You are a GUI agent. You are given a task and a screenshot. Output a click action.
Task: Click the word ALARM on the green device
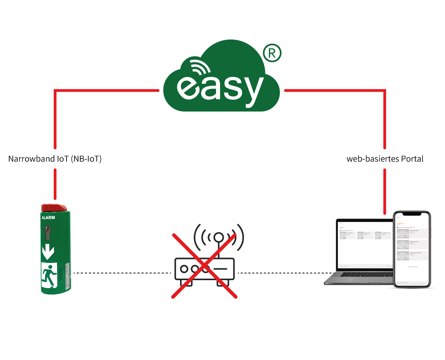tap(48, 217)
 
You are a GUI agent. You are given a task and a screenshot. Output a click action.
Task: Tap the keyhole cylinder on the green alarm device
tap(48, 232)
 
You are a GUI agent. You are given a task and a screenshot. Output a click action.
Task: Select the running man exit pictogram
tap(49, 274)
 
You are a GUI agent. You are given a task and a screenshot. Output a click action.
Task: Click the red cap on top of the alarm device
tap(54, 206)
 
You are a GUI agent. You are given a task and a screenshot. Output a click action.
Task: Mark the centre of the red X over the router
tap(204, 266)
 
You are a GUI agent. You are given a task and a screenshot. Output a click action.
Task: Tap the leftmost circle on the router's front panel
tap(184, 269)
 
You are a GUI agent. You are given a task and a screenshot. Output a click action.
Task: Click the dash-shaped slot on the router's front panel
tap(220, 269)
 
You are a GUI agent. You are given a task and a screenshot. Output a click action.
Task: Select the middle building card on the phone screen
tap(412, 244)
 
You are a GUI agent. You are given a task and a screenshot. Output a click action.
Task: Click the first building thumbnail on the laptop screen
tap(343, 235)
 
